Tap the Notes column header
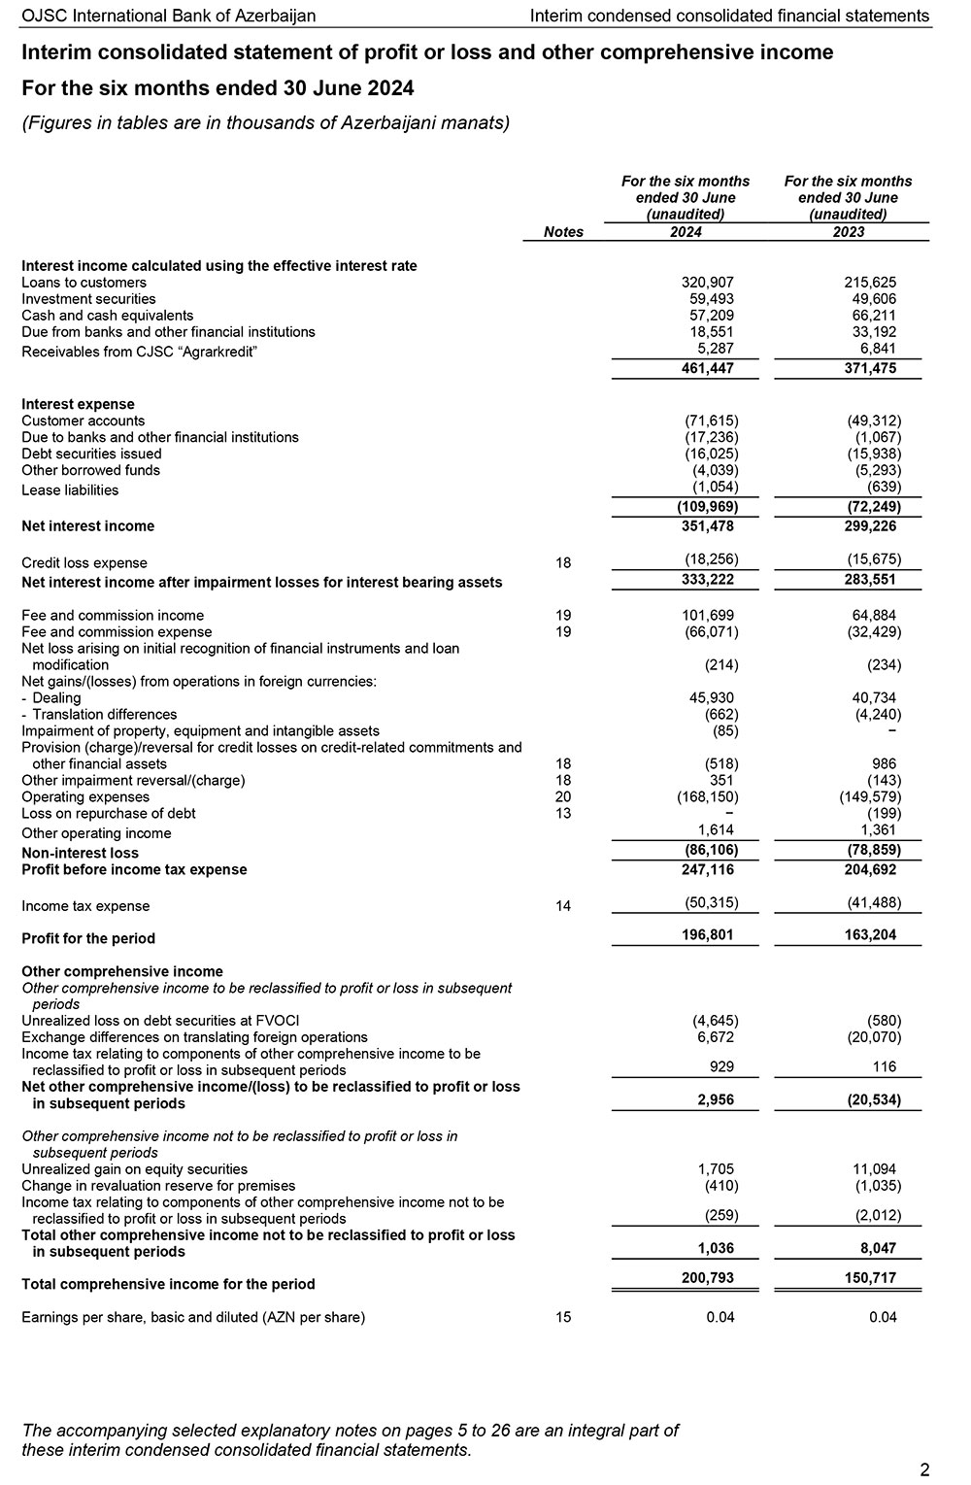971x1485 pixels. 563,232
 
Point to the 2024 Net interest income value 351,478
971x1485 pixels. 705,526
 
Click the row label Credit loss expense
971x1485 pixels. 84,563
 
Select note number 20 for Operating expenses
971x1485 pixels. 563,797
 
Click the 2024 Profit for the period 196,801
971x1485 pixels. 705,935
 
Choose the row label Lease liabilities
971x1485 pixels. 70,490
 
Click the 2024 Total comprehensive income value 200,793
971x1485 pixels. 705,1278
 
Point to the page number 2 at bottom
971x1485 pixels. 923,1468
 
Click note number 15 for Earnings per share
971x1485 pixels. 563,1318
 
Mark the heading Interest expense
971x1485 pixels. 78,404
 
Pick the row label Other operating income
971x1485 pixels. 96,833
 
